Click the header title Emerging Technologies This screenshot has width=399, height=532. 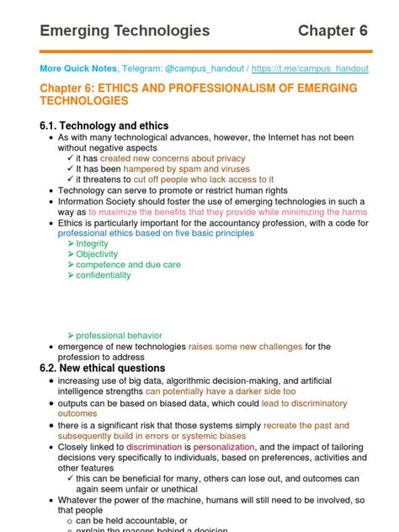pos(125,31)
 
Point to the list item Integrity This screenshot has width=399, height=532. pos(92,243)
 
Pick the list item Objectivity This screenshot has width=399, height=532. pos(97,254)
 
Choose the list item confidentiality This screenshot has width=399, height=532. pos(104,275)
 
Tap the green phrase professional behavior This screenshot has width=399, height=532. pos(119,335)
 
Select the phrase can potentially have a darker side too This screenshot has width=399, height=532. pos(221,391)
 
